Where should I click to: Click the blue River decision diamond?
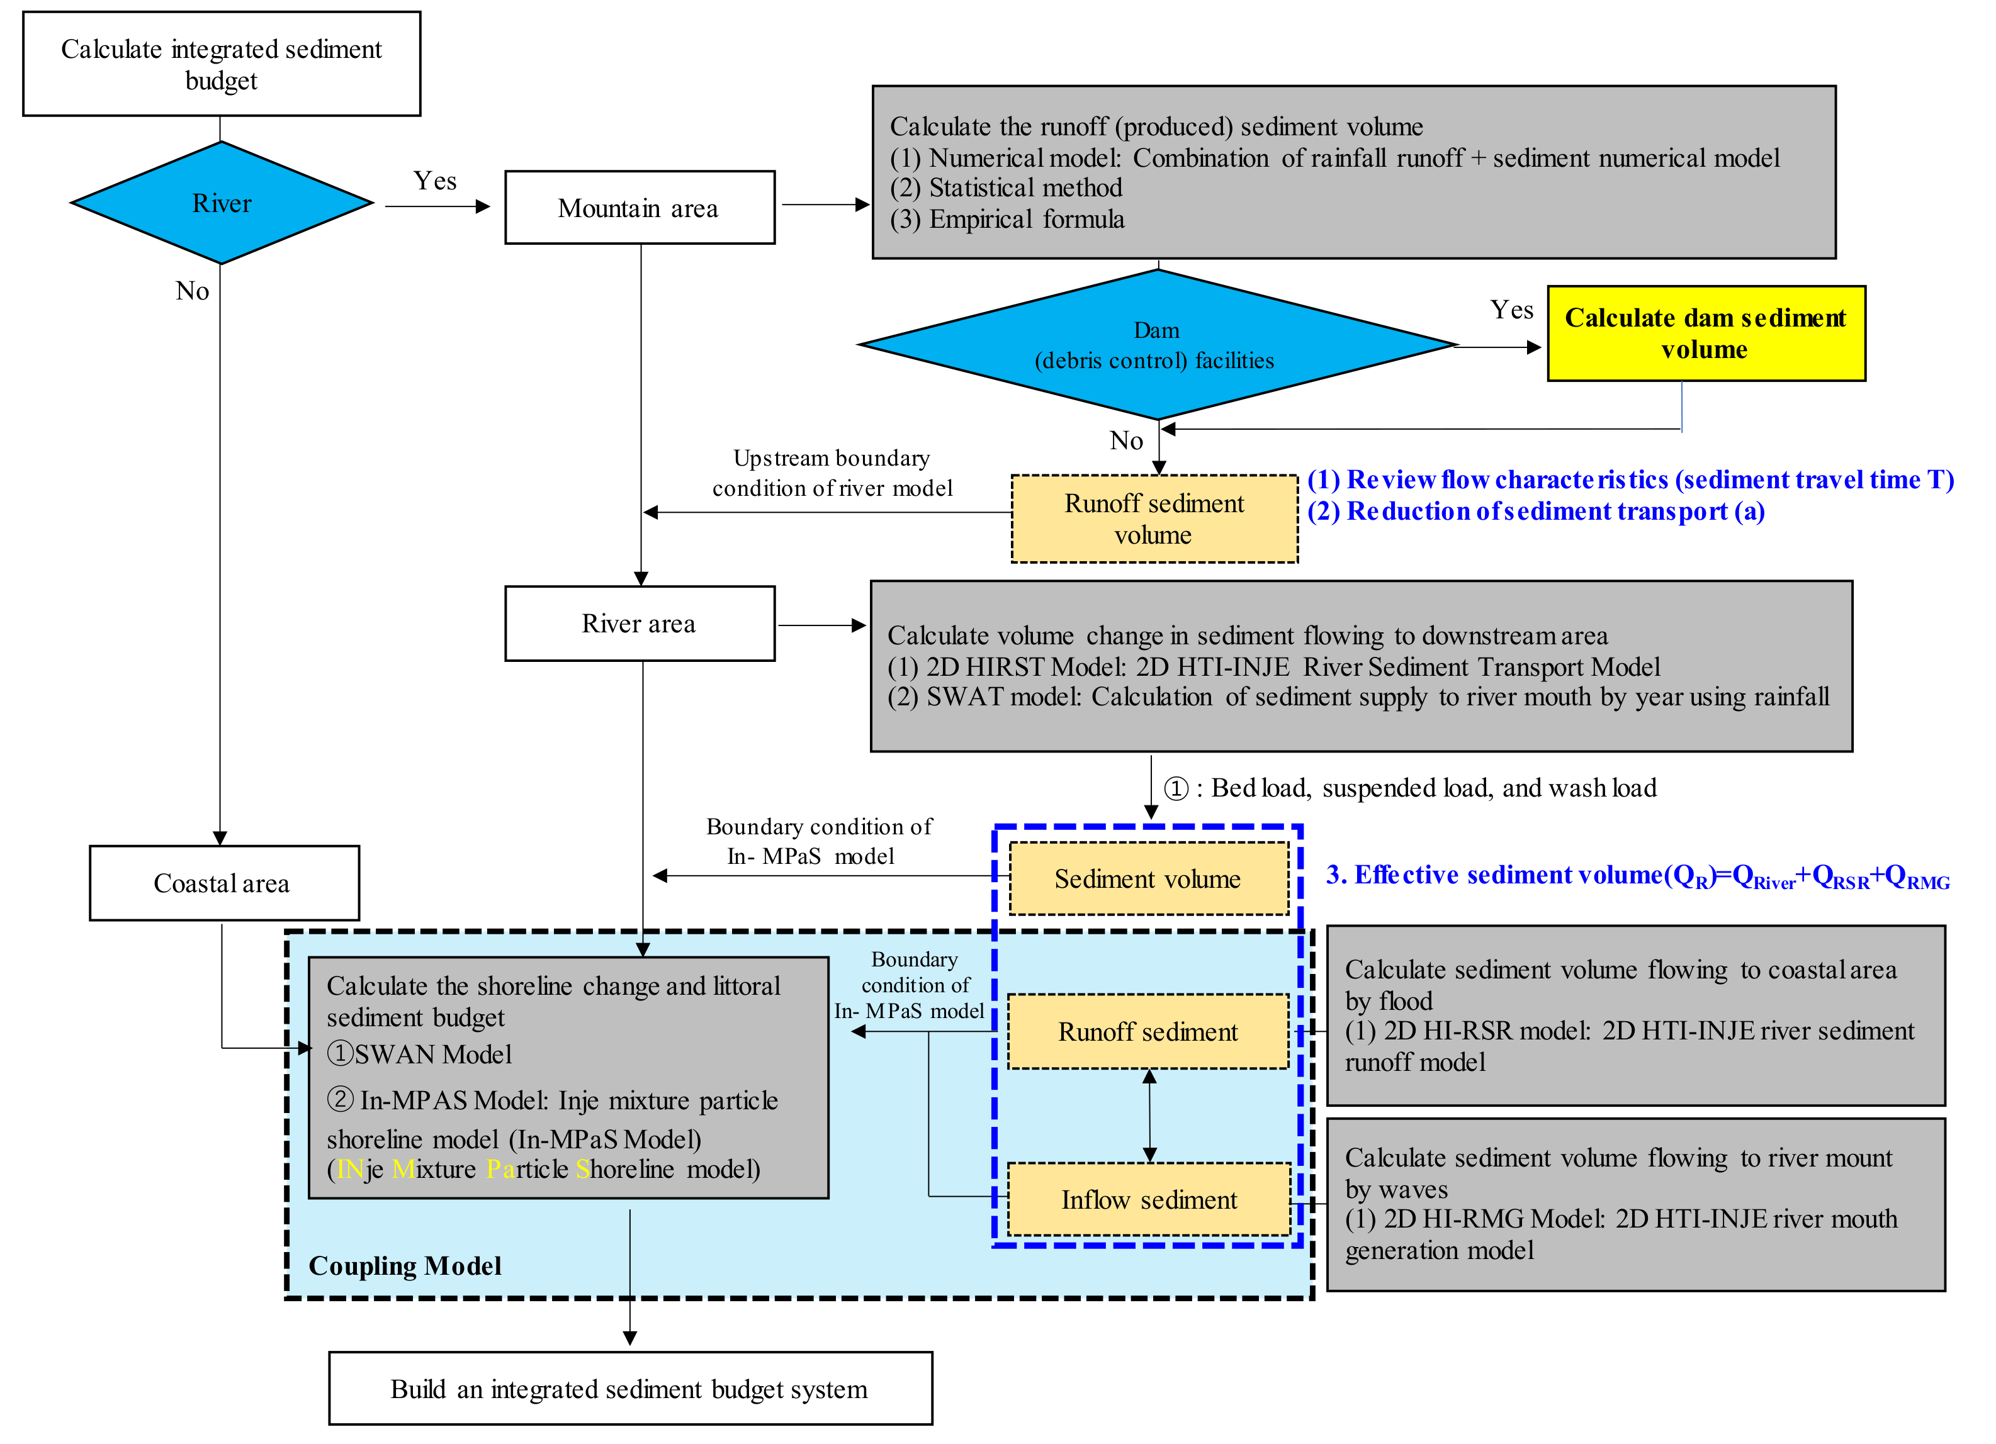pyautogui.click(x=222, y=203)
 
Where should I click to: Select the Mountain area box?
pyautogui.click(x=640, y=208)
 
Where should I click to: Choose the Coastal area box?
pyautogui.click(x=225, y=883)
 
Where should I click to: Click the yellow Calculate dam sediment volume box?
pyautogui.click(x=1706, y=333)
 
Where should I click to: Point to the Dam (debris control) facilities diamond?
pyautogui.click(x=1158, y=344)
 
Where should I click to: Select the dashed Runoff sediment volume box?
pyautogui.click(x=1154, y=519)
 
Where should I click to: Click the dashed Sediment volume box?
pyautogui.click(x=1149, y=878)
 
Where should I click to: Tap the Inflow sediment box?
pyautogui.click(x=1149, y=1199)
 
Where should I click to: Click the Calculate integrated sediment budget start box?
pyautogui.click(x=222, y=64)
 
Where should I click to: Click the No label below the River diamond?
pyautogui.click(x=192, y=291)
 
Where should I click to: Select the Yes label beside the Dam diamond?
pyautogui.click(x=1511, y=310)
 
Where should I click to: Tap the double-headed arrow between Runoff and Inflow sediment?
pyautogui.click(x=1149, y=1116)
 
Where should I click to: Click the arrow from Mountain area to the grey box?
pyautogui.click(x=825, y=205)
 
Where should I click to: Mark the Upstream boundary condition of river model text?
pyautogui.click(x=832, y=473)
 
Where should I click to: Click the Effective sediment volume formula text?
pyautogui.click(x=1638, y=876)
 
